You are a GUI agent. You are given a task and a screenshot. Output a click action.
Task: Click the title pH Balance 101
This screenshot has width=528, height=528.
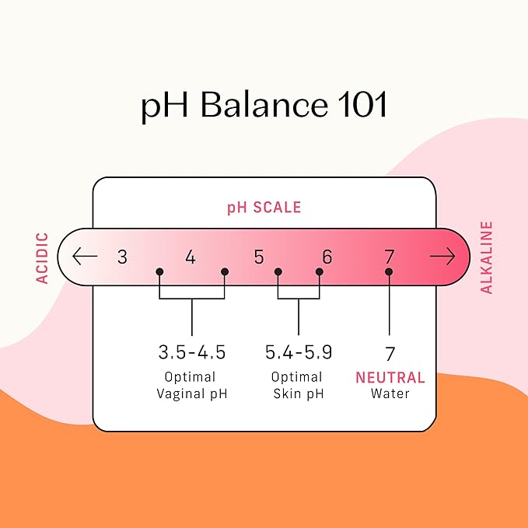(x=264, y=105)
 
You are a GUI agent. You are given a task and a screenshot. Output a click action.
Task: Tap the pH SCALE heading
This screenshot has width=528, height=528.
(x=264, y=208)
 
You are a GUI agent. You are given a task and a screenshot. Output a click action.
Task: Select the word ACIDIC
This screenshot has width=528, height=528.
(x=43, y=258)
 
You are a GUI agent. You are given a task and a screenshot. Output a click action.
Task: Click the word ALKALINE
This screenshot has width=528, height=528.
(x=486, y=257)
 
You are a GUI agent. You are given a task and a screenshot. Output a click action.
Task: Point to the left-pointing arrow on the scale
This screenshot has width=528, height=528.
(x=85, y=256)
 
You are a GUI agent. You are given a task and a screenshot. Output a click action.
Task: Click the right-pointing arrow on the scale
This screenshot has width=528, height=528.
(x=442, y=257)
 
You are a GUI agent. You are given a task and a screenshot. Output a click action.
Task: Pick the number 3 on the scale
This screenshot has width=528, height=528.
(x=123, y=257)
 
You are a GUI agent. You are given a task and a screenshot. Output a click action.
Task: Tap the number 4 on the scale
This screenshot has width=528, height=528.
(x=191, y=257)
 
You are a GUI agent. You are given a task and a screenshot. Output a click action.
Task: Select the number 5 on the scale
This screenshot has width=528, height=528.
(x=259, y=257)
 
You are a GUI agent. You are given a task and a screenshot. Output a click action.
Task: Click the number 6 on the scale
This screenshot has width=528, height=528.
(x=327, y=257)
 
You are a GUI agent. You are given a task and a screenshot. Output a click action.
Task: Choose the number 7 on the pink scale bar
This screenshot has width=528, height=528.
(x=390, y=257)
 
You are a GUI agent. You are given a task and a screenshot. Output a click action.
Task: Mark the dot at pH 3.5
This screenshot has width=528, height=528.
(x=159, y=271)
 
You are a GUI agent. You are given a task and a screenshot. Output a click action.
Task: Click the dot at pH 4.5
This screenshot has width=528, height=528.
(x=225, y=271)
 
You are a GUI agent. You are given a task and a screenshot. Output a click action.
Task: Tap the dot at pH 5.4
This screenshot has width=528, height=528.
(x=278, y=271)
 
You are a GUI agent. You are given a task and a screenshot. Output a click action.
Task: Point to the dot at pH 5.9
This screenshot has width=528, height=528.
(x=320, y=271)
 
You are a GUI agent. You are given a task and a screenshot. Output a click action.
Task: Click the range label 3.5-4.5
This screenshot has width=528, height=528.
(x=191, y=352)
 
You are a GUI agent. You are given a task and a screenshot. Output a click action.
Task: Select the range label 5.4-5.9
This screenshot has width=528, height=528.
(x=299, y=352)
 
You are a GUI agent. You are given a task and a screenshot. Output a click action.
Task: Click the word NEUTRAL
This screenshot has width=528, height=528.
(x=390, y=377)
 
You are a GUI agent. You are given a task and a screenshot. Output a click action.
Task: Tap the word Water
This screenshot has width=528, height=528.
(x=390, y=393)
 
